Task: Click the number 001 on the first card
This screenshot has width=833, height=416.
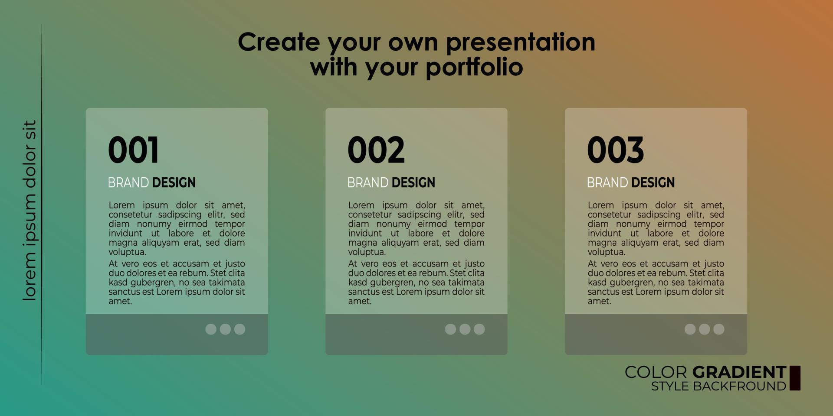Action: coord(133,150)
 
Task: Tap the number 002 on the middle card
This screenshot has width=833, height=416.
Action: coord(376,150)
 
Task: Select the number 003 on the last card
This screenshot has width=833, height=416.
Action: coord(616,150)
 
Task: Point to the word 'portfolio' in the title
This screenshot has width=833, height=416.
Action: coord(474,68)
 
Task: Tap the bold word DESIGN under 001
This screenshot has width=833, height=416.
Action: coord(174,182)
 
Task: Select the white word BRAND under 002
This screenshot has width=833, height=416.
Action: coord(368,182)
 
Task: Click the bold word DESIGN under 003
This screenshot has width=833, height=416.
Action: coord(653,182)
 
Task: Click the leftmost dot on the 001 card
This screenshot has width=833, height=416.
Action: coord(211,329)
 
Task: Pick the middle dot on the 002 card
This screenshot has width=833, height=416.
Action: coord(465,329)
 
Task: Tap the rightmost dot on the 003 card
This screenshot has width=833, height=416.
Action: coord(719,329)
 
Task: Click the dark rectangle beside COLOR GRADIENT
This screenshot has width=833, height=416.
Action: coord(795,378)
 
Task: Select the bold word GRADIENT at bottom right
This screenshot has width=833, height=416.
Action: coord(739,372)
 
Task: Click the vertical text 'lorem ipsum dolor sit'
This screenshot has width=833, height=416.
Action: coord(30,211)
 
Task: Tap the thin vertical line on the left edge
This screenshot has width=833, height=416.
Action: coord(42,205)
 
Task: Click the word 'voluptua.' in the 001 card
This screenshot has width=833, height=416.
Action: coord(127,252)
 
